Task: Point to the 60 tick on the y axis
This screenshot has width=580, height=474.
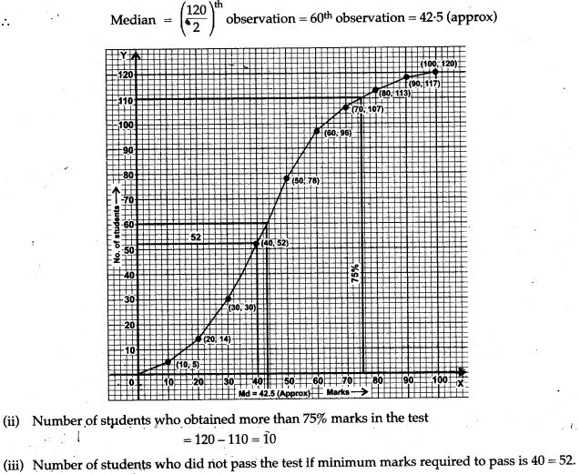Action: pyautogui.click(x=128, y=224)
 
